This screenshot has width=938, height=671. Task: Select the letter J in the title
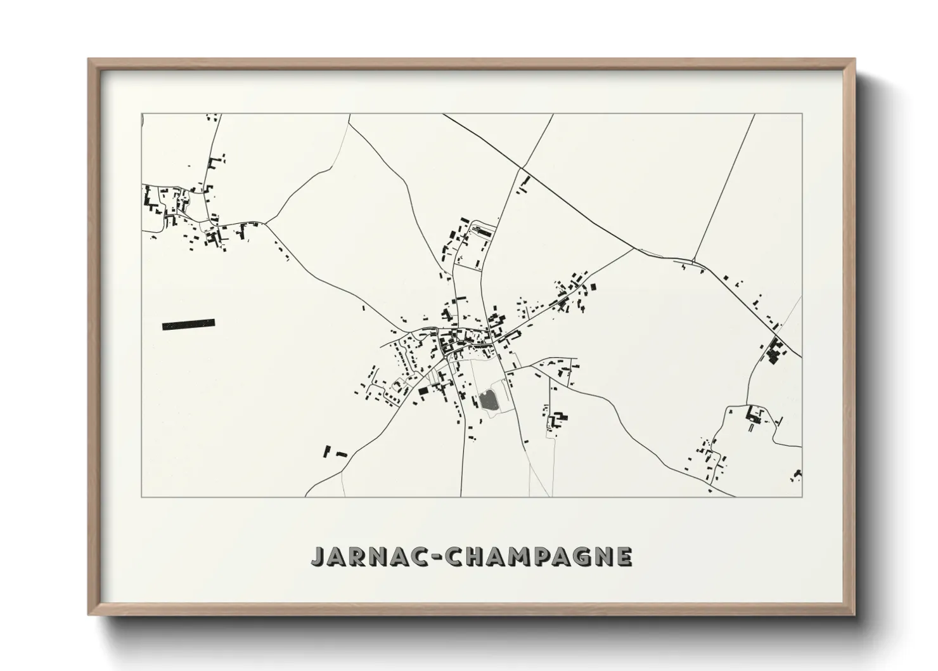click(318, 556)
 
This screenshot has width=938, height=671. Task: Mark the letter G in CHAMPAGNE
click(581, 556)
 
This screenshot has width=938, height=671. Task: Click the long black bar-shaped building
click(188, 324)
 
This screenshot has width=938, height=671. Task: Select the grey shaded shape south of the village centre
click(487, 401)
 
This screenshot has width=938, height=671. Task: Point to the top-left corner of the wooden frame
click(89, 60)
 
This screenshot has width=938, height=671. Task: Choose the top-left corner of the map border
click(141, 114)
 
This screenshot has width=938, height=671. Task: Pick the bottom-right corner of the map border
click(802, 497)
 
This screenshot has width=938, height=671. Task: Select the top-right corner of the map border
click(802, 114)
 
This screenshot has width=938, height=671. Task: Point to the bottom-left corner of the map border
click(141, 497)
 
